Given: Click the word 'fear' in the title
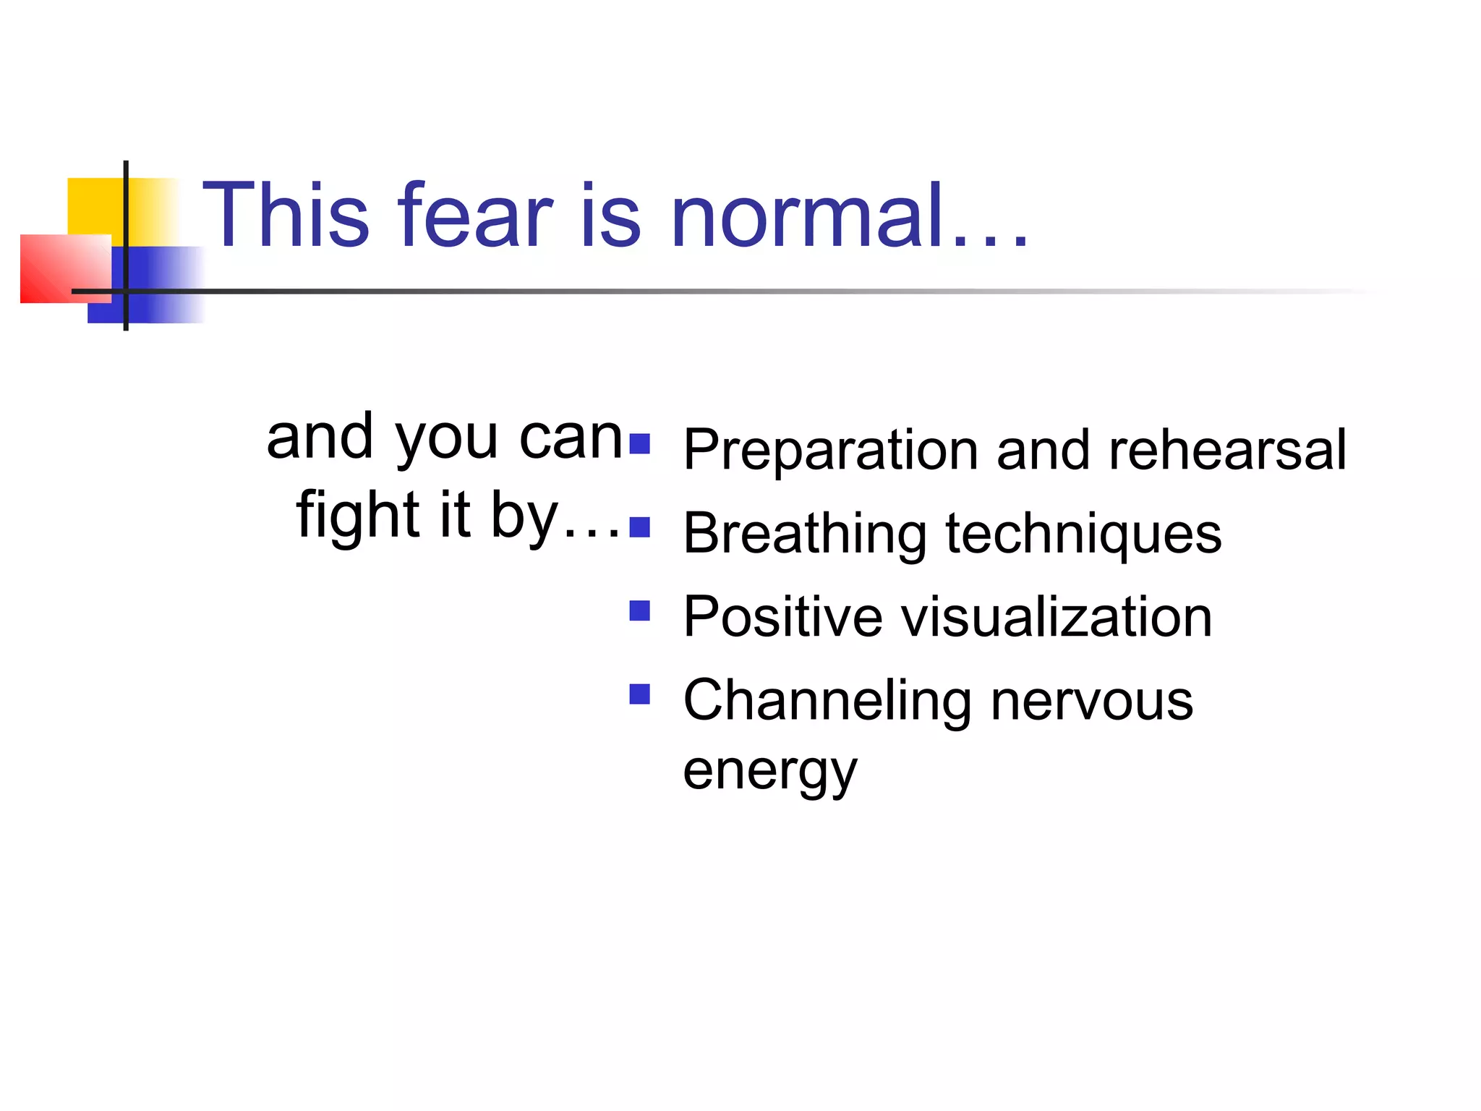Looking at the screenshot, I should click(x=475, y=216).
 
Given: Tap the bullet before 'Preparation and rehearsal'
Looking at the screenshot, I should click(x=639, y=443).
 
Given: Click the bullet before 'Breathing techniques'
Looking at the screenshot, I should click(x=639, y=527).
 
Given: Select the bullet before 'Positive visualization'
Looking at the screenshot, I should click(x=639, y=611).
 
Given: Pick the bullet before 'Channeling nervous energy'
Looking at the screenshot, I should click(x=639, y=694).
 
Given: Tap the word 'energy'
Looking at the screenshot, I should click(x=769, y=772).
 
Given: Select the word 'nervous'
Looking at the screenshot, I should click(x=1091, y=702).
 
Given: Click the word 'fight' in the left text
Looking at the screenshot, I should click(x=358, y=515).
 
